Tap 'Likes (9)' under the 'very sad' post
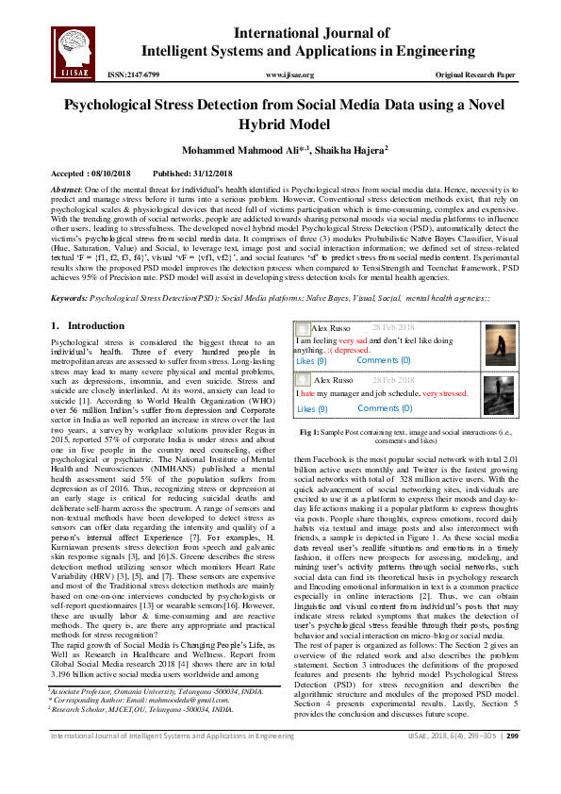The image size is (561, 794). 311,360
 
